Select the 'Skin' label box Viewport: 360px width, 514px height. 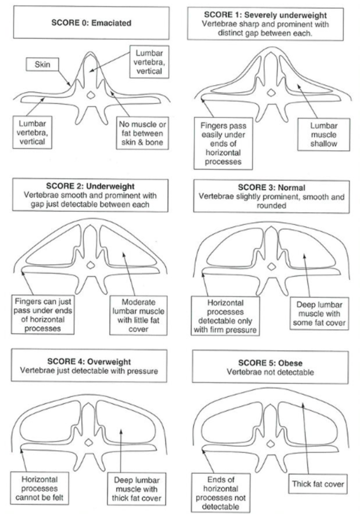click(x=42, y=64)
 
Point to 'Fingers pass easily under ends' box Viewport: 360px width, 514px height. click(x=224, y=143)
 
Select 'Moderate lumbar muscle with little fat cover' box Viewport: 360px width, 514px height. click(x=133, y=315)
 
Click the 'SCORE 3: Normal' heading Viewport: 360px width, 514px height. click(x=271, y=196)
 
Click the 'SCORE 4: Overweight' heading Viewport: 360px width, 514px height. click(x=89, y=366)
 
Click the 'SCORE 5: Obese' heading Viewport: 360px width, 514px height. click(x=270, y=367)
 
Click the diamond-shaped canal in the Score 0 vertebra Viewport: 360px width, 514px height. click(x=90, y=94)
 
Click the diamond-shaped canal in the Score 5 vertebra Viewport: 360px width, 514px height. click(x=270, y=442)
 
